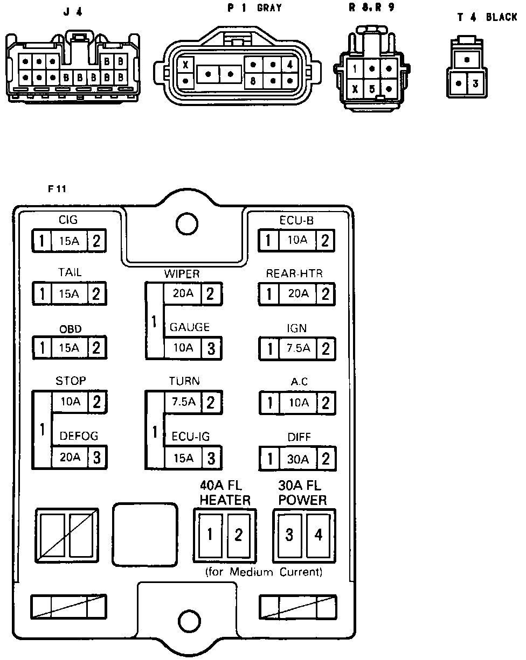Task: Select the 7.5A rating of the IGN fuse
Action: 298,348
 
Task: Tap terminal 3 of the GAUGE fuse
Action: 211,348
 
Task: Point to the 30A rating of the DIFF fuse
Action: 297,459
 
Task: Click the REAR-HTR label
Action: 294,273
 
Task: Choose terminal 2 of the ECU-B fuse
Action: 325,240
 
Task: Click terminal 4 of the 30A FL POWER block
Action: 319,535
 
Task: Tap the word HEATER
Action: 225,500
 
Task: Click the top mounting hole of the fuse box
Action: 185,222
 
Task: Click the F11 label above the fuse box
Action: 56,189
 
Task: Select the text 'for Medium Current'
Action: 264,572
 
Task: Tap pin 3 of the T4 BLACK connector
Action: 475,83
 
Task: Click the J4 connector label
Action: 73,12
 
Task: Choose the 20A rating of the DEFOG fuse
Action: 70,458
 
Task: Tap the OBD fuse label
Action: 70,329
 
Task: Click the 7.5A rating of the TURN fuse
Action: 183,402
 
